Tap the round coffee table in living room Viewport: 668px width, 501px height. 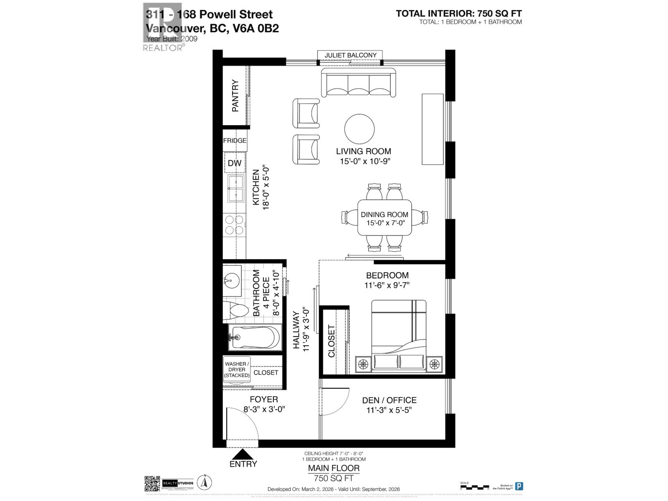(x=359, y=129)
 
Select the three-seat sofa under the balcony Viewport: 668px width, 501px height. (x=358, y=83)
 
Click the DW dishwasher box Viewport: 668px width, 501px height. (x=235, y=163)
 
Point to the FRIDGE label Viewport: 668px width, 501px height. (x=235, y=141)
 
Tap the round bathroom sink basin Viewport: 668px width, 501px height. (x=231, y=281)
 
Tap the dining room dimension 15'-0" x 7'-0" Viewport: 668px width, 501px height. (x=385, y=223)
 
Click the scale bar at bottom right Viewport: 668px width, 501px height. (x=474, y=487)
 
